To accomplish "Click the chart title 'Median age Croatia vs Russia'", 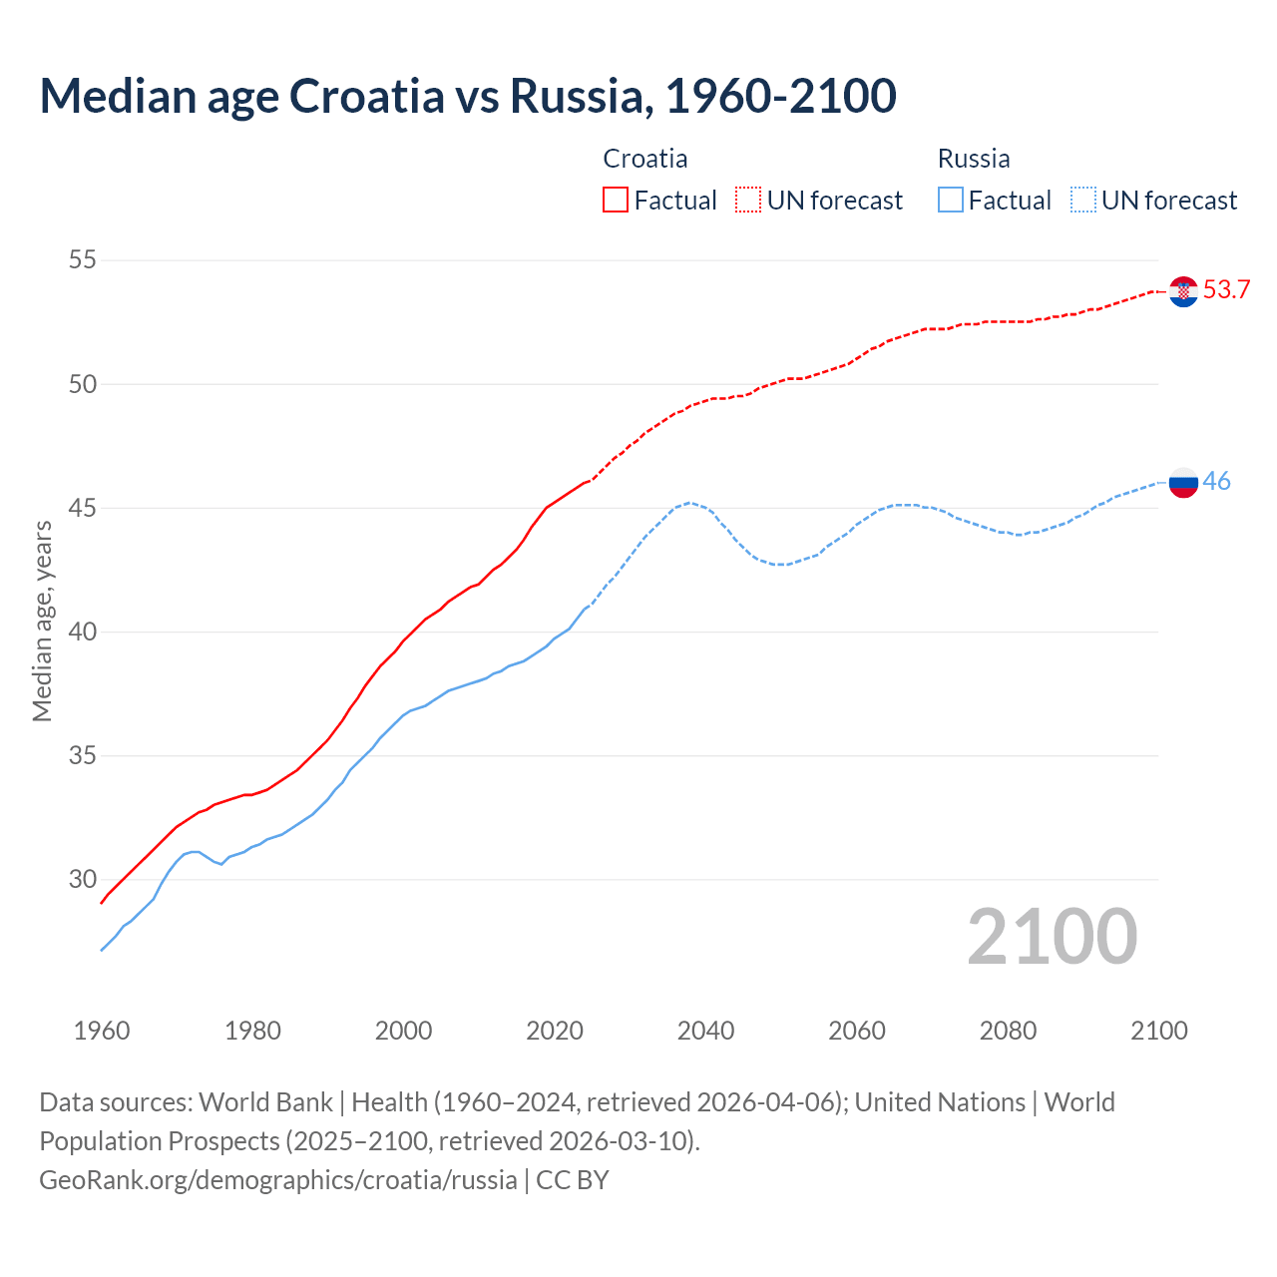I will (467, 96).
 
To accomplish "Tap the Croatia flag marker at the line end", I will (1183, 291).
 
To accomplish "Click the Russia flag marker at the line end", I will (1183, 482).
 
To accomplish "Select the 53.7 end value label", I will (1226, 290).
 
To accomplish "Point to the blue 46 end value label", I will (1216, 481).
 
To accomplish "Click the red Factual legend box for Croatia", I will (616, 201).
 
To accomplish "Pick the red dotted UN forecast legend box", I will (748, 201).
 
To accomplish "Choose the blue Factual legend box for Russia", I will (951, 201).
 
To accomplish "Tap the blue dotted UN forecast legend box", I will (1083, 201).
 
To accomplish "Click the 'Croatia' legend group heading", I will (645, 159).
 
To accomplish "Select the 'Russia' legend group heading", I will (974, 159).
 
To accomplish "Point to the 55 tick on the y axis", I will (82, 260).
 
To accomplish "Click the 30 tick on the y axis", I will (82, 879).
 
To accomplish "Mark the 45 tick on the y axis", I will (82, 508).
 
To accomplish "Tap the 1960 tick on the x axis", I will (102, 1031).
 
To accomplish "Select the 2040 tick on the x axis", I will (706, 1031).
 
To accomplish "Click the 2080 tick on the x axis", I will (1008, 1031).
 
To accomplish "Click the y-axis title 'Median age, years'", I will (42, 621).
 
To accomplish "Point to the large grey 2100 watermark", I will (1053, 937).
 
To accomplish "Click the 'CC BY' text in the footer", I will (573, 1180).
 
